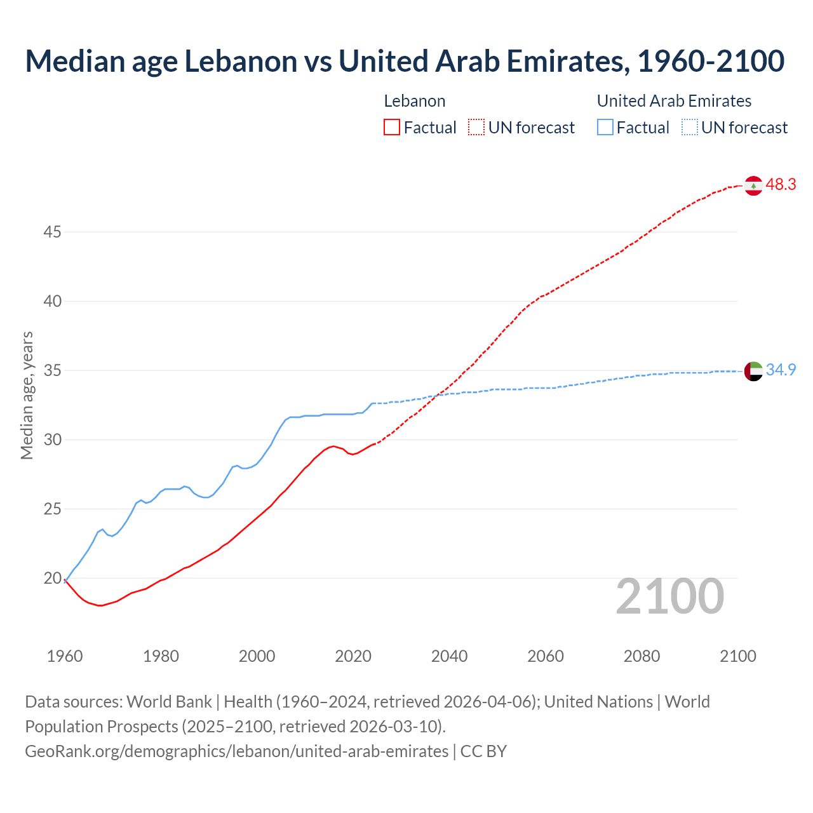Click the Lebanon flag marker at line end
[x=753, y=185]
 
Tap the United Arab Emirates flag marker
[x=753, y=371]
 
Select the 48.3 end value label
[x=781, y=185]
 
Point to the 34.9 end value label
[x=781, y=370]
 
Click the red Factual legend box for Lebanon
[x=392, y=128]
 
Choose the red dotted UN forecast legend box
[x=476, y=128]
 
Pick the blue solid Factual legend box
[x=605, y=128]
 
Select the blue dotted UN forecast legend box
[x=689, y=128]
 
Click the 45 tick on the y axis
[x=52, y=232]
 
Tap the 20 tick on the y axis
[x=52, y=579]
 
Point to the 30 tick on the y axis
[x=52, y=440]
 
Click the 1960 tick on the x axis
[x=65, y=656]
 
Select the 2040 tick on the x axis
[x=449, y=656]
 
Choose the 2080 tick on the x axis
[x=642, y=656]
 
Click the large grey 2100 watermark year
[x=669, y=596]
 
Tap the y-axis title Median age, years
[x=27, y=395]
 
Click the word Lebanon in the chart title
[x=241, y=61]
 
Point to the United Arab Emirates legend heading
[x=674, y=101]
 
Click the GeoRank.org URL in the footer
[x=236, y=751]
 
